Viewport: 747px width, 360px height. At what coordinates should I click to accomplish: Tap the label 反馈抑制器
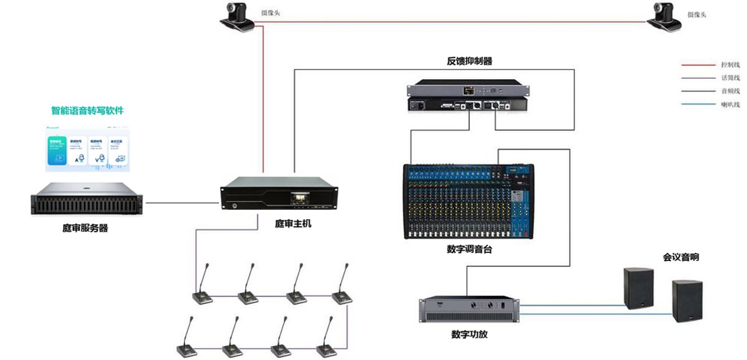point(469,61)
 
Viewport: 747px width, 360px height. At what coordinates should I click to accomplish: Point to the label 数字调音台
point(469,249)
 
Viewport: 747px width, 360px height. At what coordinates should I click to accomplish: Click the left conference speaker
point(639,287)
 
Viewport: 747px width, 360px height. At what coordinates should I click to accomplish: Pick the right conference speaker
point(687,301)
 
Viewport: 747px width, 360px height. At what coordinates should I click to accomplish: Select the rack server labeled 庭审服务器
point(87,198)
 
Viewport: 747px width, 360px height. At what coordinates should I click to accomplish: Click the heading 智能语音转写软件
point(87,111)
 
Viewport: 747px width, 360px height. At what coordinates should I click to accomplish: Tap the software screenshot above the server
point(87,148)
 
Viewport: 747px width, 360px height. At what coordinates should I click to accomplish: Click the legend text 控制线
point(730,65)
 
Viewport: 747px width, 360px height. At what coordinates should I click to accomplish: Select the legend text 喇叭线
point(730,104)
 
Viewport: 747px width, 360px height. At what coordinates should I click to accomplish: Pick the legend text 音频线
point(730,91)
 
